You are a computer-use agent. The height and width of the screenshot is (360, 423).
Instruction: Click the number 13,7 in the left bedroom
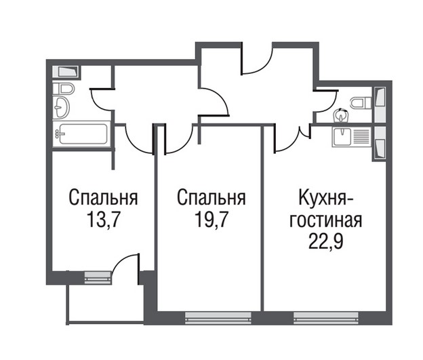click(103, 220)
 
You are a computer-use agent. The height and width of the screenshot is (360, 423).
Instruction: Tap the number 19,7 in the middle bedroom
click(210, 220)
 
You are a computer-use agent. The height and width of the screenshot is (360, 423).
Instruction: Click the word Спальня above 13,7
click(104, 199)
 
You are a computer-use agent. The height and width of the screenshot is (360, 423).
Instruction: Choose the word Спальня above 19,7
click(211, 199)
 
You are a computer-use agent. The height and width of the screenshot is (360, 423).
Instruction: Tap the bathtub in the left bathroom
click(80, 134)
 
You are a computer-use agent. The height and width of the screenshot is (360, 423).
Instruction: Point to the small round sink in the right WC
click(341, 115)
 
